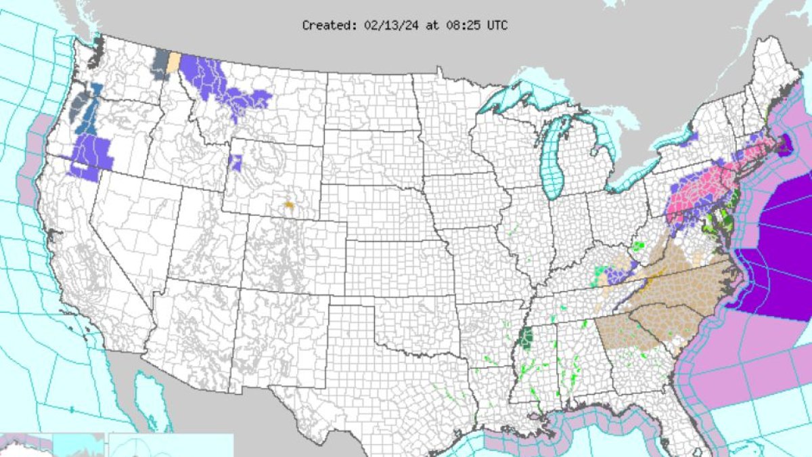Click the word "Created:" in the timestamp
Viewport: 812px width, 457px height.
(325, 25)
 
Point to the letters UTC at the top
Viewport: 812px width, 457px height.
(497, 25)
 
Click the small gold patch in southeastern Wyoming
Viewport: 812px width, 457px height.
(289, 202)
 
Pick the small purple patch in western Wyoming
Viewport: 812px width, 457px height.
(235, 162)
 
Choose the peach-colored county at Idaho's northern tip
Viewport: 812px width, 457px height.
(174, 62)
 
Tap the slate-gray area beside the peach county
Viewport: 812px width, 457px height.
(161, 64)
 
